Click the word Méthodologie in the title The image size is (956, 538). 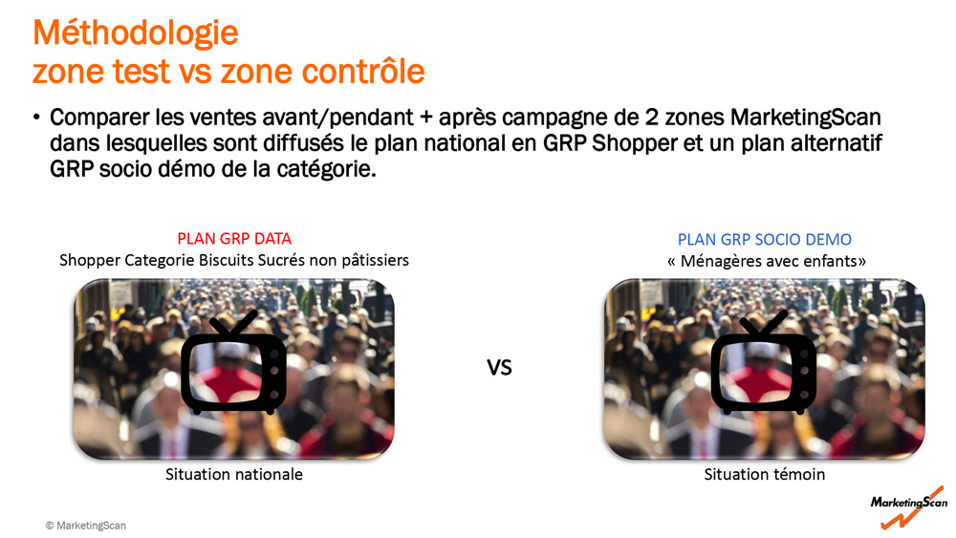coord(136,33)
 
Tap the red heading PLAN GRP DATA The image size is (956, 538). coord(234,238)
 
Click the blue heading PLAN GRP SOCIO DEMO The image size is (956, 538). coord(765,240)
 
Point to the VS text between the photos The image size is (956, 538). coord(499,367)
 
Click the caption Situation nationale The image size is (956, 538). coord(234,474)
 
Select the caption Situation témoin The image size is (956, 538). coord(765,474)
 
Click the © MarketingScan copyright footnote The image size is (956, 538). coord(86,526)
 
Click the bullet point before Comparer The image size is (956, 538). coord(37,117)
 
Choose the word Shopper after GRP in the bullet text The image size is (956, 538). coord(635,143)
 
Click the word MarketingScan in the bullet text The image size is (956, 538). coord(805,117)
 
